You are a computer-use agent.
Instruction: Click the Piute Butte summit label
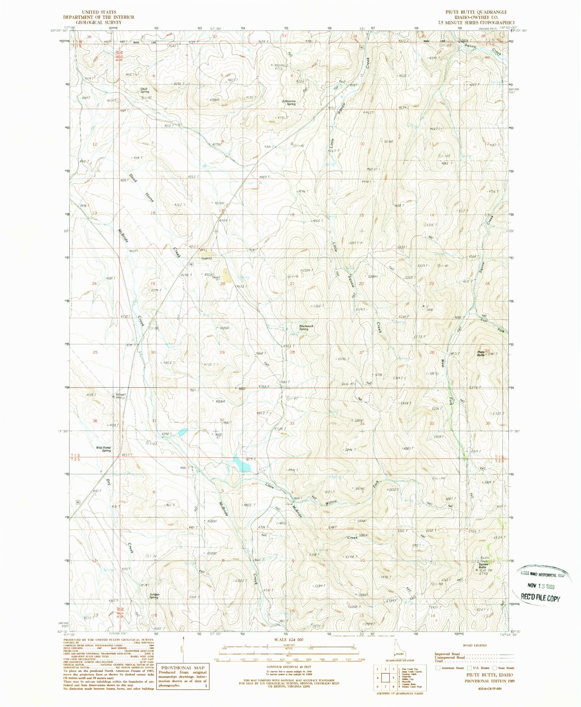(481, 353)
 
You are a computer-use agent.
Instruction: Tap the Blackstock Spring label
(306, 327)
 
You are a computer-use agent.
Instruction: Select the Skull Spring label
(144, 90)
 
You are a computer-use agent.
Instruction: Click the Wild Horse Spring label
(103, 449)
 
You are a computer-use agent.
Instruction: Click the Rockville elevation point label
(281, 66)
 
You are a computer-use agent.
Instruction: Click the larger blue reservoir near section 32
(242, 464)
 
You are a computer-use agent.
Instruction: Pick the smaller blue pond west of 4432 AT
(182, 432)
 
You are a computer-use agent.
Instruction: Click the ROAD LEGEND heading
(474, 645)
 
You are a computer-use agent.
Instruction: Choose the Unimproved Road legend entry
(452, 657)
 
